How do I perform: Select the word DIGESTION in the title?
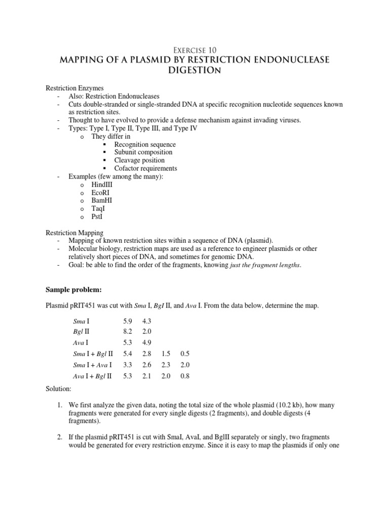(194, 71)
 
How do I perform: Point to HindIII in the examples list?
(102, 185)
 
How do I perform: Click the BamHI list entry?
(102, 201)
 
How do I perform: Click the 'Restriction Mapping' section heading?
(75, 232)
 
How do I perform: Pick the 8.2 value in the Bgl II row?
(128, 332)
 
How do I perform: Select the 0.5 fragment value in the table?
(184, 354)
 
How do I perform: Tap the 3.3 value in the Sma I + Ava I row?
(128, 365)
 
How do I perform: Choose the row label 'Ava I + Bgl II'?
(93, 376)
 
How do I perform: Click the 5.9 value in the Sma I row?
(128, 321)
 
